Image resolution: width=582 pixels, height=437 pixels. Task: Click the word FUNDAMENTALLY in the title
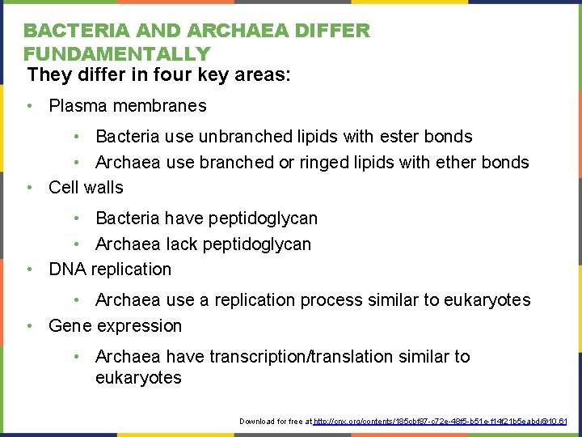[116, 54]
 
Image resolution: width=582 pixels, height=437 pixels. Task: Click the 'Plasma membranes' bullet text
[128, 106]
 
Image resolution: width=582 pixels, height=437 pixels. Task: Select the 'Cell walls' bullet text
[86, 188]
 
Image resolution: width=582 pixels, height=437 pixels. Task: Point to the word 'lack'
[183, 244]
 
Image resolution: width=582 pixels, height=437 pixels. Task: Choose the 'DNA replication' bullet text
[110, 269]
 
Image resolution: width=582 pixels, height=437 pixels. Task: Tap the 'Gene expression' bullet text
[115, 326]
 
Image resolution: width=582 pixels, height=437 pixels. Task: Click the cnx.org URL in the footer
[441, 422]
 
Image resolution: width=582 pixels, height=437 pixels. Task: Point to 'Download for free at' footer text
[276, 422]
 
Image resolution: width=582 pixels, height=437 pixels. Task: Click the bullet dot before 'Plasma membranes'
[28, 106]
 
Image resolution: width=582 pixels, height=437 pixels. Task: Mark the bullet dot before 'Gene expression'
[28, 326]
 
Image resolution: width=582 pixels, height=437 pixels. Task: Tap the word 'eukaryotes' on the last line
[138, 378]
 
